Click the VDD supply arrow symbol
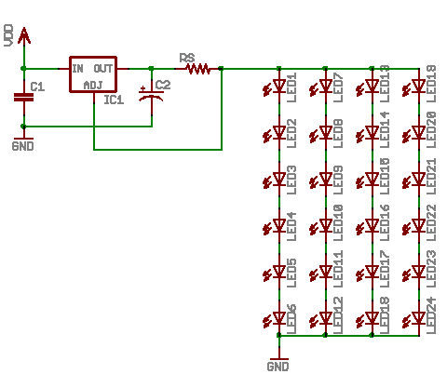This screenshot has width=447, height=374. [x=23, y=37]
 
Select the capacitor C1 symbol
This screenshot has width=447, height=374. [x=23, y=96]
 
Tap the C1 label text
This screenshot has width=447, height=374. [x=37, y=87]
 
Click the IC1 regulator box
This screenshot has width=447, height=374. [x=93, y=75]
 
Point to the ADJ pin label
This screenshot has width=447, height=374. [x=94, y=85]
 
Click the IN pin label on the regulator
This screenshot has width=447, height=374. [x=78, y=68]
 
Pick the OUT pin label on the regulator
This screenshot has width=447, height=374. [x=104, y=68]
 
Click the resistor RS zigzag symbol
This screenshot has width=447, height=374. [x=197, y=68]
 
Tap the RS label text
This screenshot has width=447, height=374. [x=186, y=57]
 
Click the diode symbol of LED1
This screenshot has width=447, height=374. [x=278, y=87]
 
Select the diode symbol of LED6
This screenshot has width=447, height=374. [x=278, y=318]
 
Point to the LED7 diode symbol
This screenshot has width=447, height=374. [x=325, y=87]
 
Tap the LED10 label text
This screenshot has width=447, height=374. [x=338, y=229]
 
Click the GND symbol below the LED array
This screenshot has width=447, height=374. [x=278, y=358]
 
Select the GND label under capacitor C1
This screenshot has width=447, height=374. [x=23, y=147]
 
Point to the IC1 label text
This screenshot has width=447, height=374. [x=115, y=100]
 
